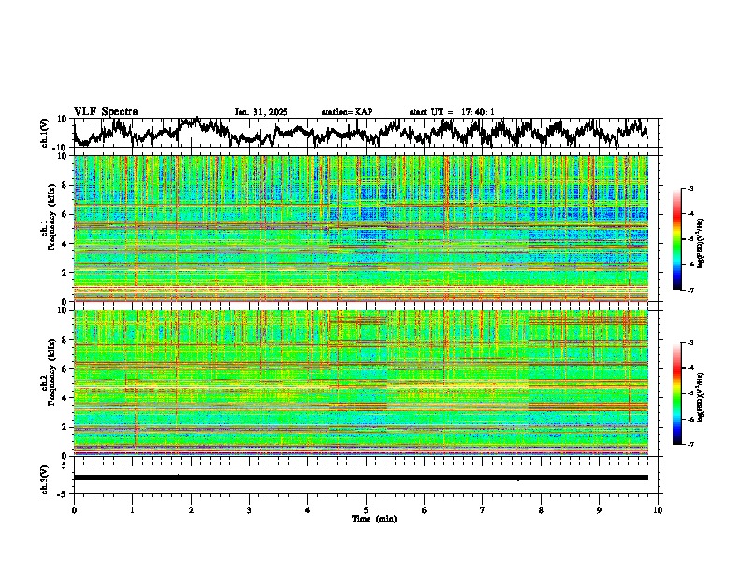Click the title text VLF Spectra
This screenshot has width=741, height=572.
(x=106, y=111)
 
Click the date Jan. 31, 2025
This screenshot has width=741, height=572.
(x=261, y=112)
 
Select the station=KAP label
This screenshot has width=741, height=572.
(x=346, y=112)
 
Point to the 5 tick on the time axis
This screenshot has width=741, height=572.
(x=366, y=509)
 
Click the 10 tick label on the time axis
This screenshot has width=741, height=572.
(x=658, y=509)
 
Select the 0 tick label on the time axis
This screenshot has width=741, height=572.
(x=74, y=509)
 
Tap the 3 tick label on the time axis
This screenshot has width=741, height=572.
(x=249, y=509)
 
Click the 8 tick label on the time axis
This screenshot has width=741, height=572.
(x=541, y=509)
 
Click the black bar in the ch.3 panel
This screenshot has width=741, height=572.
(x=360, y=478)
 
